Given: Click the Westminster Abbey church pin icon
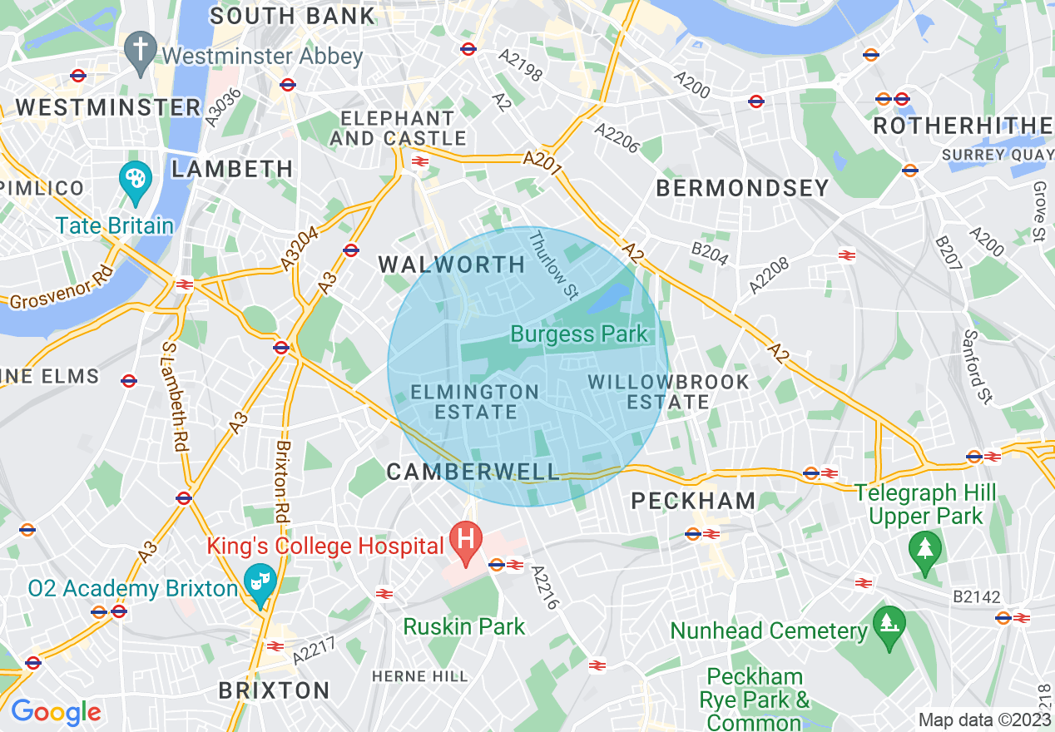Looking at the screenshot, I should coord(141,51).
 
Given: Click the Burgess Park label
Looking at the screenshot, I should coord(578,334).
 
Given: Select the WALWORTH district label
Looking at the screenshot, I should coord(452,265).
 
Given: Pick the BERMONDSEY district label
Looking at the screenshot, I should coord(742,188).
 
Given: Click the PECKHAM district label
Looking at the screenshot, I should coord(693,501).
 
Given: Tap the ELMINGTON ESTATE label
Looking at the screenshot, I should coord(475,401).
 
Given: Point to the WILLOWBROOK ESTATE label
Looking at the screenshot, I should coord(668,392).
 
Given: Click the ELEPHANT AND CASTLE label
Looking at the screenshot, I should coord(398,128).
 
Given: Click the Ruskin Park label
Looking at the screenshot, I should coord(464,626).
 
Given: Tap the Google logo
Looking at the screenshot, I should coord(56,712).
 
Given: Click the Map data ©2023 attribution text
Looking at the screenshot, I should coord(984,720).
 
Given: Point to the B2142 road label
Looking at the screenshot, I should coord(977,596).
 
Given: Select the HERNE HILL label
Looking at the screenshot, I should coord(420,676).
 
